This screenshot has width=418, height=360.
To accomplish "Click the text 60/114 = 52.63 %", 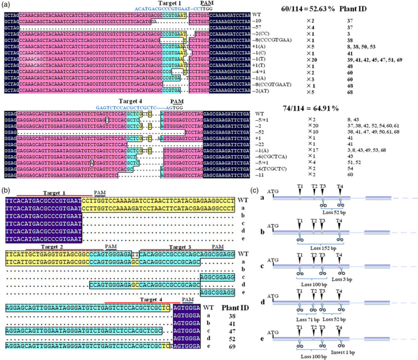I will tap(308, 9).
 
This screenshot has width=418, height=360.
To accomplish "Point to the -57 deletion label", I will tap(257, 27).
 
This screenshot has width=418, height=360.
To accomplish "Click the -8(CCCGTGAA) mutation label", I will tap(272, 40).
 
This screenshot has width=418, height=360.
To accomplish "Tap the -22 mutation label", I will tap(260, 144).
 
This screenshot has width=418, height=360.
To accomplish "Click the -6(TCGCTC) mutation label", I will tap(271, 169).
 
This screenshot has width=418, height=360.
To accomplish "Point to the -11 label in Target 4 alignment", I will tap(259, 175).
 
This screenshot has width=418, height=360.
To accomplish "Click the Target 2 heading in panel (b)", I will tap(52, 247).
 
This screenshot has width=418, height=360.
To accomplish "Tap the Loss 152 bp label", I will tap(323, 248).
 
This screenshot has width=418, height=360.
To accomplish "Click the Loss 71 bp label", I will tap(308, 320).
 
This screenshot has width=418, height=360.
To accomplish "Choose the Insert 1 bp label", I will tap(343, 352).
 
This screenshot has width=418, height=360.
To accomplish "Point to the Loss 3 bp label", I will tap(342, 280).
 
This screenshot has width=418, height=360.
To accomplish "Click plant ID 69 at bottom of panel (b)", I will tap(232, 347).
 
